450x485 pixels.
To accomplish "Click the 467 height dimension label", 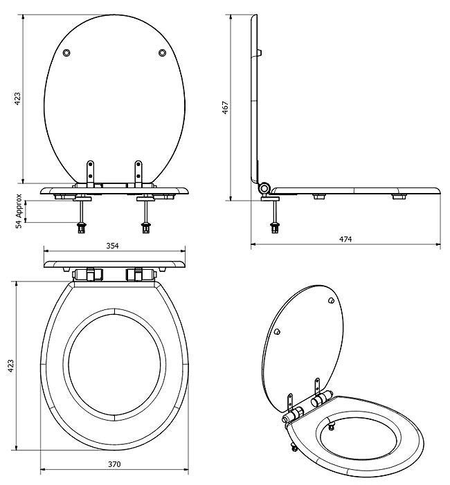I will (x=226, y=107).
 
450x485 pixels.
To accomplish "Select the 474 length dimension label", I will (x=345, y=239).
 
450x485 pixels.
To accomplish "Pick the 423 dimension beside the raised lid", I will (x=17, y=98).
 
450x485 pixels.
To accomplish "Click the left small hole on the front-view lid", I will (x=66, y=53).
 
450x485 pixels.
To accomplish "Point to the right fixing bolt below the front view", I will (x=145, y=215).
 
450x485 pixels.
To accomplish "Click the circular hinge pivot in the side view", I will (x=264, y=189).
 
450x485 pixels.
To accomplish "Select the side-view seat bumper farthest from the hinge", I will (x=399, y=197).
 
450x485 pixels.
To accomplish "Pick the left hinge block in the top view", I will (x=88, y=275).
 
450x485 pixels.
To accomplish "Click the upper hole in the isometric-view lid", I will (x=330, y=302).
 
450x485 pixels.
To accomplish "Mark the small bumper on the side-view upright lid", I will (x=262, y=52).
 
